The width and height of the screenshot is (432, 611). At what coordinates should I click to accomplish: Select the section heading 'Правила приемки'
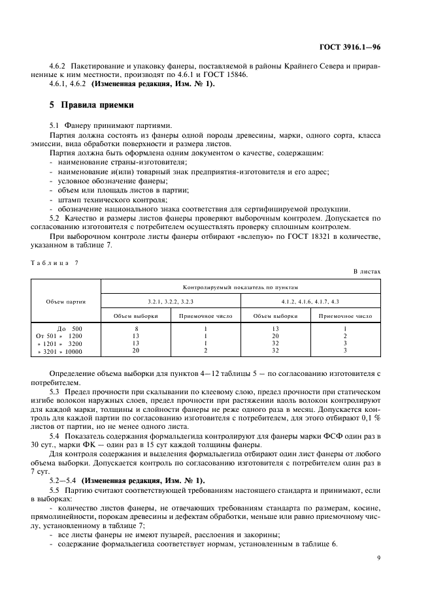point(97,104)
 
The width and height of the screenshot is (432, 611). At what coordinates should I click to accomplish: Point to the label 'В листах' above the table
point(367,270)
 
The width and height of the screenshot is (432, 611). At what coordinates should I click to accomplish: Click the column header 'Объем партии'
point(66,301)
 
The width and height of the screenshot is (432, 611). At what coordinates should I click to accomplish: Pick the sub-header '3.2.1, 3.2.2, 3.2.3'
point(170,301)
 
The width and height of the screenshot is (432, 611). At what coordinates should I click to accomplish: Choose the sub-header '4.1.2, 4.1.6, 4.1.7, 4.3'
point(310,301)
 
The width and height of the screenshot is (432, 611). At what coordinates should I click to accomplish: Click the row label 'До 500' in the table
point(70,328)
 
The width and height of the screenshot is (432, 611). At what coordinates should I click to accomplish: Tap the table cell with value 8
point(136,328)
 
